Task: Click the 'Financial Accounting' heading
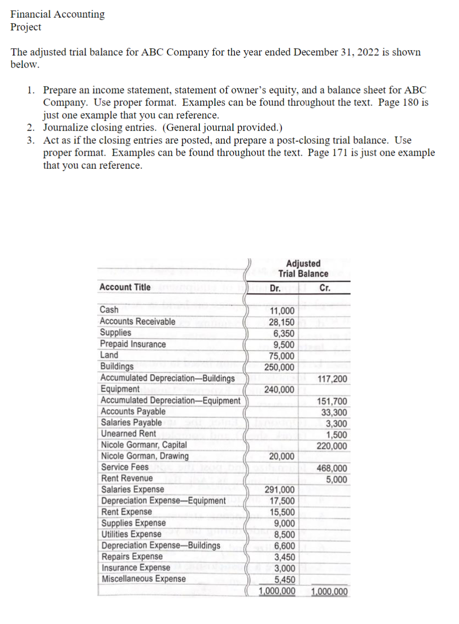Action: click(58, 14)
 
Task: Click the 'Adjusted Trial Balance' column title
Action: click(303, 268)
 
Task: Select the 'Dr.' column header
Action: click(275, 288)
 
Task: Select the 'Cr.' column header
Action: click(325, 288)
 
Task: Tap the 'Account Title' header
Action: click(125, 287)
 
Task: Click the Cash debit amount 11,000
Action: click(282, 311)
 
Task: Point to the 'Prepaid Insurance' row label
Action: click(133, 344)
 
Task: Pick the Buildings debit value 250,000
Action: click(279, 367)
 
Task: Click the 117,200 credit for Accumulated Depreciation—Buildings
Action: click(332, 378)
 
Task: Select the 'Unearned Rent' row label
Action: click(129, 433)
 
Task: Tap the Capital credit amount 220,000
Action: click(332, 446)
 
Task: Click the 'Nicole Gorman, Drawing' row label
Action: click(145, 456)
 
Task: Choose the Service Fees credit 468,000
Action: click(332, 468)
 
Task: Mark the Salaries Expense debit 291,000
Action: click(279, 490)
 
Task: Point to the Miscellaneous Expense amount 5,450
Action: click(285, 580)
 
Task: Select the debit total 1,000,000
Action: click(277, 591)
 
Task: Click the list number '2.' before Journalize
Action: click(31, 128)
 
